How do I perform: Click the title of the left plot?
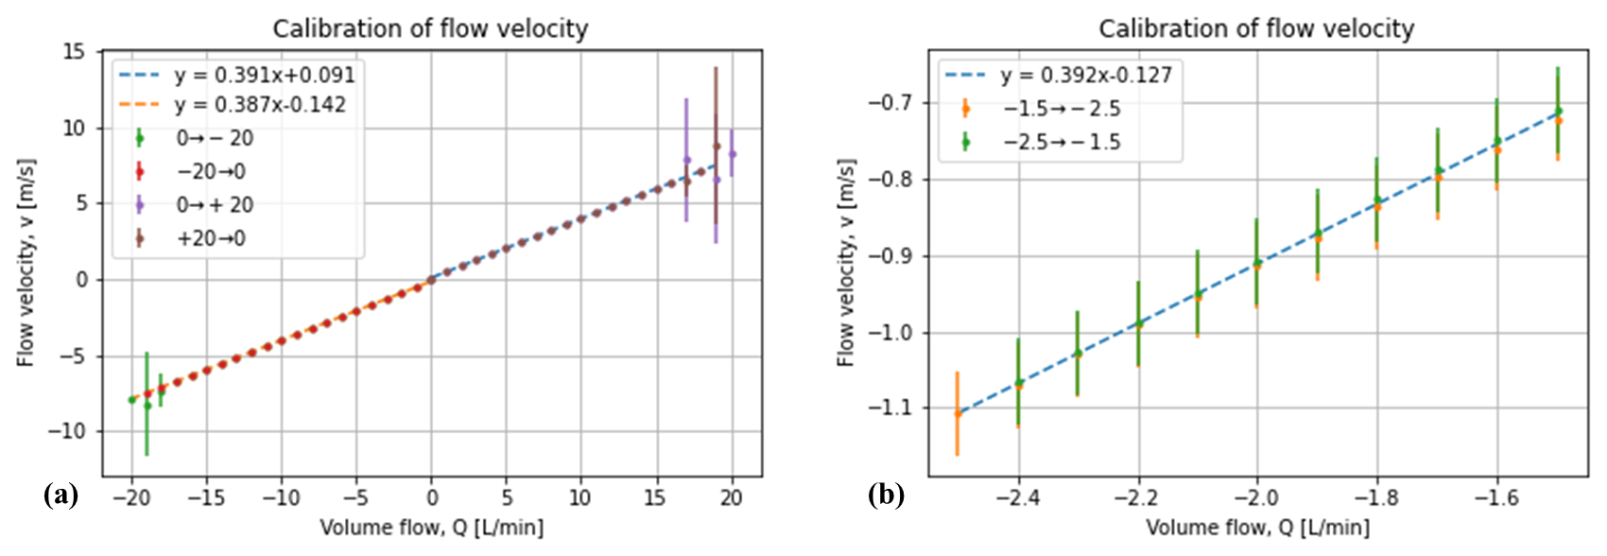tap(430, 29)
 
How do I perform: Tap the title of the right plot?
tap(1256, 29)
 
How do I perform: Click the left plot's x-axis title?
tap(431, 528)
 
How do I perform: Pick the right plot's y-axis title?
tap(846, 263)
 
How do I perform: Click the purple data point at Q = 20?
tap(732, 153)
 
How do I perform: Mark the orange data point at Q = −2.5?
tap(958, 413)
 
